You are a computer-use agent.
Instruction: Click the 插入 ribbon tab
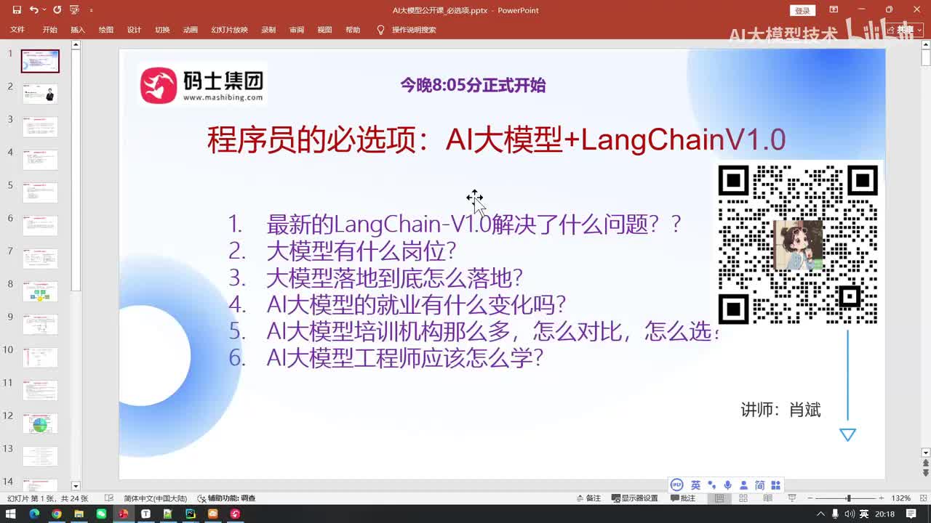78,30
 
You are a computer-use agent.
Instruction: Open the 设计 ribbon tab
134,30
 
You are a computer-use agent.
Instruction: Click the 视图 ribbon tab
324,30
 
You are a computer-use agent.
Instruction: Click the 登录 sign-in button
802,11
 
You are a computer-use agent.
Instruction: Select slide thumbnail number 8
40,292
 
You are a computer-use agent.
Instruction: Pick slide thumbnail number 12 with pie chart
40,423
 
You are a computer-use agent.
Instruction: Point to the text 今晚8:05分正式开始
473,86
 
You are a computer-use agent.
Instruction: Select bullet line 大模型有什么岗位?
361,251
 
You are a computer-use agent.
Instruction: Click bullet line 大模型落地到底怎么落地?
394,278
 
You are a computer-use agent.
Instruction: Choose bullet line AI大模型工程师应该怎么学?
404,358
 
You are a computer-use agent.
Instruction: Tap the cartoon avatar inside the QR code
798,245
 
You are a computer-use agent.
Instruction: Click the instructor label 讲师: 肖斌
780,410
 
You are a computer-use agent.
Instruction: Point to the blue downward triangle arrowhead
847,434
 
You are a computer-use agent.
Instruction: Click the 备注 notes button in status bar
588,498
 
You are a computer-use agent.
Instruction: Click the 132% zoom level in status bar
900,498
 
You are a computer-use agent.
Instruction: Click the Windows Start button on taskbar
11,514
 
